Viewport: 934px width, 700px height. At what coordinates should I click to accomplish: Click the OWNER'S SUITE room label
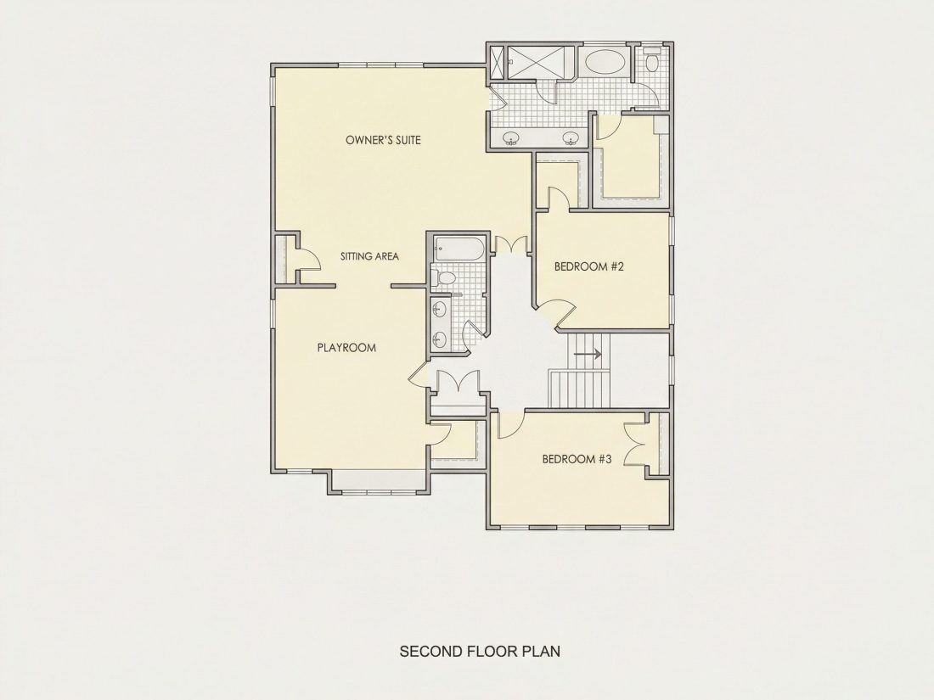[383, 140]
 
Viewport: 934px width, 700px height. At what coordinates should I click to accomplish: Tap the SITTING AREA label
[369, 256]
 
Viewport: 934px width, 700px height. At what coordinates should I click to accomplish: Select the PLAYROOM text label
[346, 348]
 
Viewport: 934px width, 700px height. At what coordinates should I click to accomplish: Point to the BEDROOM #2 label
[588, 266]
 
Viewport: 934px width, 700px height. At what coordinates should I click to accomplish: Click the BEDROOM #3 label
[577, 459]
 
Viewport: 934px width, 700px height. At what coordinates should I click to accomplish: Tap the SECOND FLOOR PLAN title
[480, 651]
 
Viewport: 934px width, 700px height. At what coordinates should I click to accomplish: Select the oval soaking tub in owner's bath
[604, 62]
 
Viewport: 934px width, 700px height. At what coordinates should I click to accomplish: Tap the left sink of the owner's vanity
[510, 138]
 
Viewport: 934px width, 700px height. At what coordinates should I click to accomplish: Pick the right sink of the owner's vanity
[571, 138]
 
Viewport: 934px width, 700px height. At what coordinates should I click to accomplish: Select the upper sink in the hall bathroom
[439, 310]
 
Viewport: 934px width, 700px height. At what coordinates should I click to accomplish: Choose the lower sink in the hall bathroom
[439, 339]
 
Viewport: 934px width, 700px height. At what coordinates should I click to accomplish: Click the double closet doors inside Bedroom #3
[637, 444]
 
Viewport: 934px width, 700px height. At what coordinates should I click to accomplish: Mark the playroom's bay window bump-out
[378, 482]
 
